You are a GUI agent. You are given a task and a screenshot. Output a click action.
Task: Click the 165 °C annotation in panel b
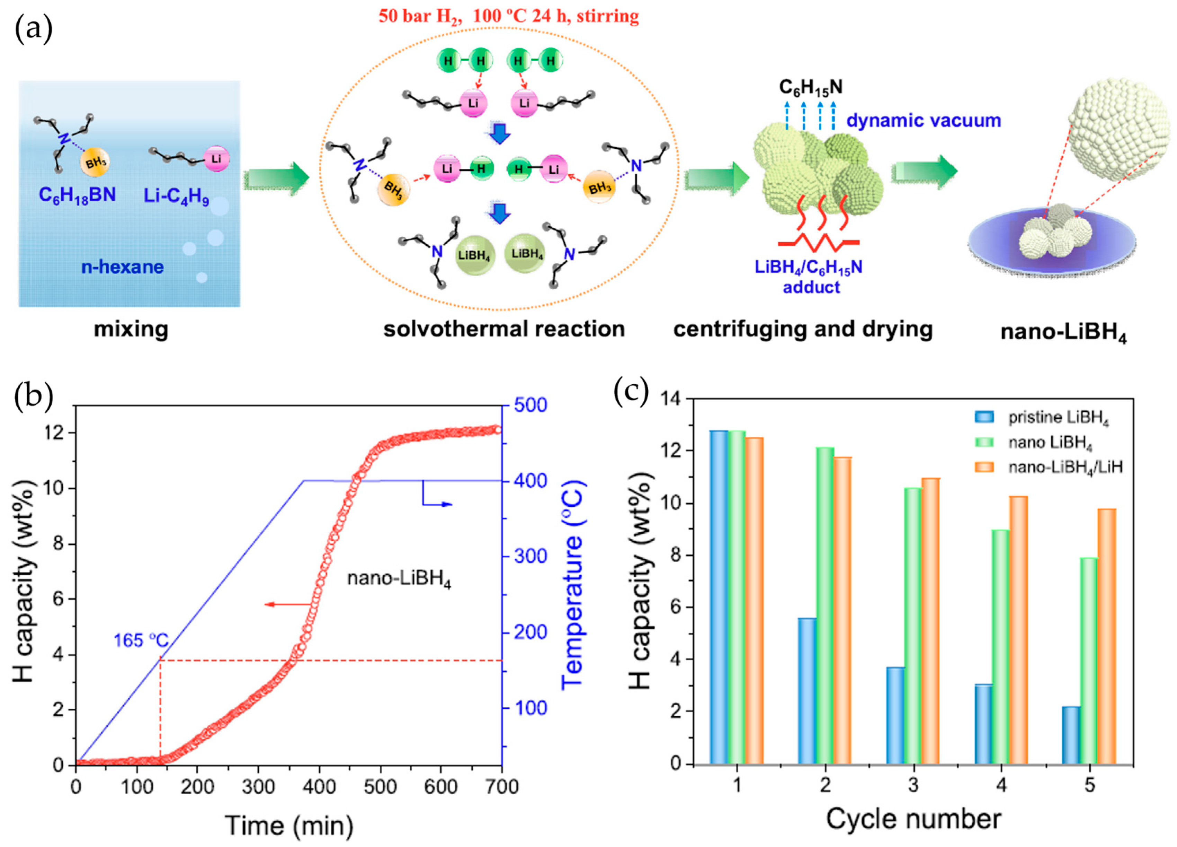click(x=141, y=640)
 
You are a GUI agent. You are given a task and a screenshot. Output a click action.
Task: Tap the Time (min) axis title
click(x=289, y=825)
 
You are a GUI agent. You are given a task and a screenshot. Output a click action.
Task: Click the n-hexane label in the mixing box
click(x=123, y=267)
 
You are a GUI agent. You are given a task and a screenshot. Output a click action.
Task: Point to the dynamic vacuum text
click(x=924, y=121)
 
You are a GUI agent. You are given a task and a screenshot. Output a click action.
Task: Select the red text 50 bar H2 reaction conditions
click(x=509, y=16)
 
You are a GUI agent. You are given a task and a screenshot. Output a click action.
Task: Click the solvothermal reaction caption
click(x=504, y=329)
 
